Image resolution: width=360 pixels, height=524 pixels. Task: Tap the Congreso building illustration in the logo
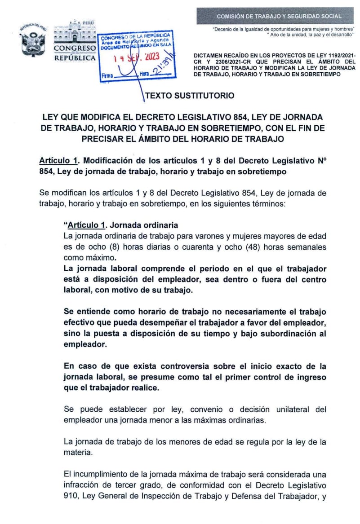tap(75, 32)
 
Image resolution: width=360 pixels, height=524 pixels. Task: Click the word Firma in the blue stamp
tap(108, 76)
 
